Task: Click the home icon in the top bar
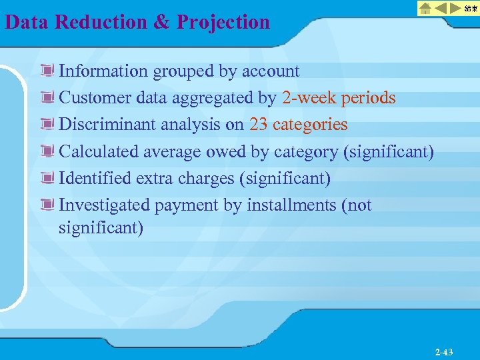pos(425,9)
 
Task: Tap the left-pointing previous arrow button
pos(441,9)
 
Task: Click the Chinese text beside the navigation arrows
pos(471,9)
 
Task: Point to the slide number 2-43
pos(443,351)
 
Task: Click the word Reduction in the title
pos(102,22)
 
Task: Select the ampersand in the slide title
pos(162,22)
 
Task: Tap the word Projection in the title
pos(223,22)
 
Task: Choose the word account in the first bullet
pos(271,71)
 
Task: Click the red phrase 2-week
pos(309,98)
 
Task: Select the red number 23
pos(259,125)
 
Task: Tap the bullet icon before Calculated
pos(47,151)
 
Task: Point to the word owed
pos(226,152)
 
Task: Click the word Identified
pos(95,179)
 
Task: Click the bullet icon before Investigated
pos(47,205)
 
